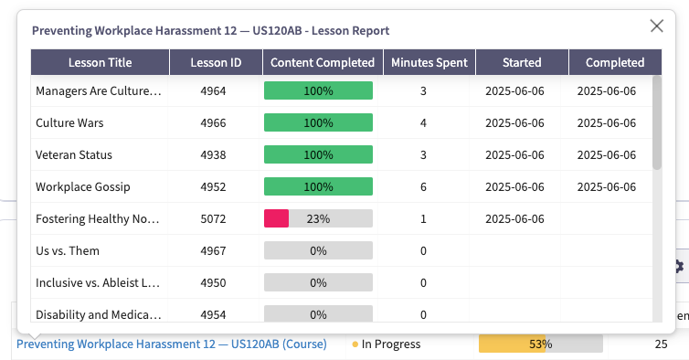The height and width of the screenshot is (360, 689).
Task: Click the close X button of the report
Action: [656, 26]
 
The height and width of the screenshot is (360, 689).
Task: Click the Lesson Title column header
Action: [100, 62]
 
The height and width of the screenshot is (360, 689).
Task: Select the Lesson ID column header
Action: [216, 62]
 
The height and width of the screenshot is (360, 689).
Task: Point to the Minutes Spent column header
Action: [429, 62]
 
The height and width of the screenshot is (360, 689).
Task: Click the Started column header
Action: [522, 62]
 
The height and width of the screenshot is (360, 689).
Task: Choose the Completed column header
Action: [615, 62]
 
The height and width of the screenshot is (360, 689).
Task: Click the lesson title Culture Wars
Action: [69, 122]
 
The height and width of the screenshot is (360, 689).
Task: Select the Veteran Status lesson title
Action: [74, 154]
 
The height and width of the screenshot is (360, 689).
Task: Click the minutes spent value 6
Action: [423, 186]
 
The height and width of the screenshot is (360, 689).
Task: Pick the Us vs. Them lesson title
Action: [68, 250]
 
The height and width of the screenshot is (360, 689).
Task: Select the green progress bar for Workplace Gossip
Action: [318, 186]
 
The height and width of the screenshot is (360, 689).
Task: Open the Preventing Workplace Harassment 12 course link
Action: [172, 344]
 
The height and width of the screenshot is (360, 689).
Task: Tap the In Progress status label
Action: [390, 344]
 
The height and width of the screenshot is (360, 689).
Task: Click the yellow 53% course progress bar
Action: [540, 344]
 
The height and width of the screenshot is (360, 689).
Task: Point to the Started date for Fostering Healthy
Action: [514, 218]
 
